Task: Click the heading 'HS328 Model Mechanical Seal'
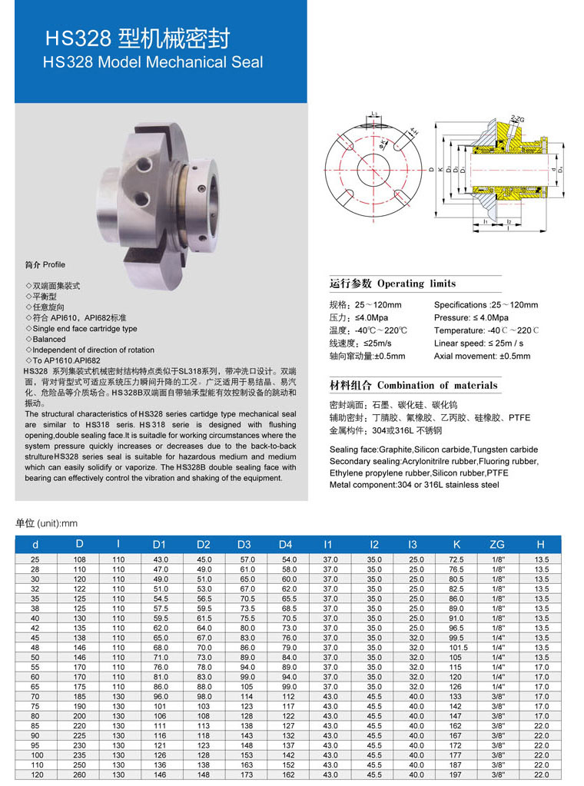153,62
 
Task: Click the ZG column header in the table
497,545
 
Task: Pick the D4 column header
286,545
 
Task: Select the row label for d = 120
35,775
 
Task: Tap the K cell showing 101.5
456,648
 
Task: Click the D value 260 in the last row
79,775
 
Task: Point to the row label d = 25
35,559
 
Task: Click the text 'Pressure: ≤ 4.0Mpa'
471,317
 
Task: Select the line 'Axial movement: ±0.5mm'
482,357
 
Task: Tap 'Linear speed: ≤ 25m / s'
479,343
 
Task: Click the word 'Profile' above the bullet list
54,265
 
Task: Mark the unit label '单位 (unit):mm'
47,523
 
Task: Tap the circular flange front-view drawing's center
373,169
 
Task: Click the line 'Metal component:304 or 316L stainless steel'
414,485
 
